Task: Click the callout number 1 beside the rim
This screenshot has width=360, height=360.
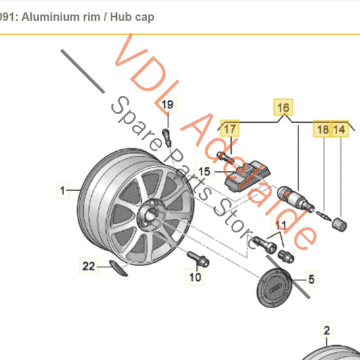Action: [x=62, y=191]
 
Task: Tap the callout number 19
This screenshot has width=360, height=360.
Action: [x=167, y=104]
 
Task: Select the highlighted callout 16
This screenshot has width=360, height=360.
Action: [x=283, y=107]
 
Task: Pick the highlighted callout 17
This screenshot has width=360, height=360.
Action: [x=230, y=128]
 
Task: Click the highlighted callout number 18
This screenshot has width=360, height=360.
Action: [x=323, y=128]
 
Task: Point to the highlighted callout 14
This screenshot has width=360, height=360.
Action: [x=340, y=128]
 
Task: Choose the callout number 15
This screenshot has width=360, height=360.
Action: [x=203, y=172]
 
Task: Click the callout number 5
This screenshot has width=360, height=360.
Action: [x=311, y=278]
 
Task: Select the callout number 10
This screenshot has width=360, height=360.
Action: [x=195, y=277]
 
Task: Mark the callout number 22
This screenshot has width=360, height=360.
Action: [x=89, y=266]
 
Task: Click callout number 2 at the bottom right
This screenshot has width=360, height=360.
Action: [x=327, y=330]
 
